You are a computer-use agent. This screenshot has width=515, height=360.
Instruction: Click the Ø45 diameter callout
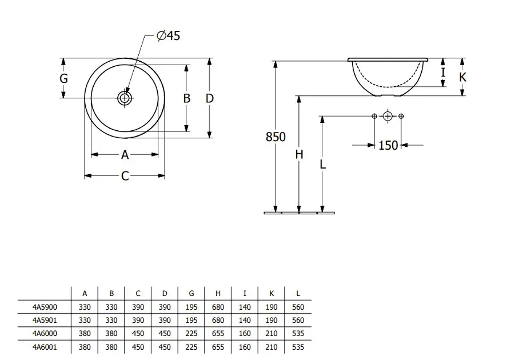coord(168,36)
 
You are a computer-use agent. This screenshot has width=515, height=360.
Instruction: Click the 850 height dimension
coord(276,137)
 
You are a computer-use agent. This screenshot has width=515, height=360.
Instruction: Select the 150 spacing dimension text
coord(388,145)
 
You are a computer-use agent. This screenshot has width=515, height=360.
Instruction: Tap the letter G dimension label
coord(64,78)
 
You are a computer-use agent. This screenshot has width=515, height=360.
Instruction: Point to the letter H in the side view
coord(299,154)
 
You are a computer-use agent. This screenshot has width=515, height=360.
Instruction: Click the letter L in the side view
coord(323,164)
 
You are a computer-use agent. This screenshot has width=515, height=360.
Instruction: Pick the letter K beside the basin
coord(463,77)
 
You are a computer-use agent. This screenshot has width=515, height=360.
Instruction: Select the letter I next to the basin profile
coord(443,73)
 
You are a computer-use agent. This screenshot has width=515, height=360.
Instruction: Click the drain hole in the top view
coord(125,98)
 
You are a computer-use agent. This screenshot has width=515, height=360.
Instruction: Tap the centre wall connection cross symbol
coord(388,117)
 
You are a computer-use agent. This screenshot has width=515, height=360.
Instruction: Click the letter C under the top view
coord(125,177)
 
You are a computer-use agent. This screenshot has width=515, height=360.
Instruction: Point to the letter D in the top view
coord(210,98)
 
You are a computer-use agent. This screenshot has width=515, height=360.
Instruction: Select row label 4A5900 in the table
coord(45,307)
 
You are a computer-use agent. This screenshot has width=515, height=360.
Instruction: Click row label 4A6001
coord(45,346)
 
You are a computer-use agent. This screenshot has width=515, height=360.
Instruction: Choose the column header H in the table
coord(218,294)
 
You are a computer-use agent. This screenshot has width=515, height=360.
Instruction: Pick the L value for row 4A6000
coord(298,333)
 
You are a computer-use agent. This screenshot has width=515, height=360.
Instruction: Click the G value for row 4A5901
coord(191,320)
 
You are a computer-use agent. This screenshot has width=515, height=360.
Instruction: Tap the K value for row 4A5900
coord(271,307)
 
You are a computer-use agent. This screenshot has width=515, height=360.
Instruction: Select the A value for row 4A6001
coord(85,346)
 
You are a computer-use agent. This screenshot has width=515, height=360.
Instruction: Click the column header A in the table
coord(85,294)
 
